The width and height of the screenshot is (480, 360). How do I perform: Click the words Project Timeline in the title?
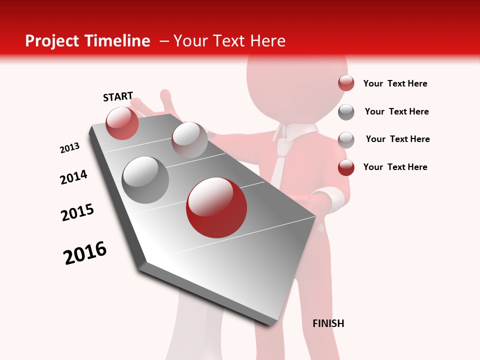(x=87, y=41)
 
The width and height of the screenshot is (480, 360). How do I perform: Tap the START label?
(x=118, y=96)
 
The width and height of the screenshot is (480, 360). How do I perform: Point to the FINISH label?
(x=328, y=323)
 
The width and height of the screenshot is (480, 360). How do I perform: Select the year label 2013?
(x=70, y=147)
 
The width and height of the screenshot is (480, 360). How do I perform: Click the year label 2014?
(x=74, y=177)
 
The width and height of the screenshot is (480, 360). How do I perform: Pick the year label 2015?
(x=77, y=212)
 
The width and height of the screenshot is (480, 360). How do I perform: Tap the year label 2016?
(x=85, y=253)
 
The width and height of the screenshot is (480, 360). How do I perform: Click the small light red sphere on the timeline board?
(x=122, y=123)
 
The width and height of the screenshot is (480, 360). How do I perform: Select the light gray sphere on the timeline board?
(x=189, y=139)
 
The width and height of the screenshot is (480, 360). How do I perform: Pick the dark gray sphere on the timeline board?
(x=145, y=179)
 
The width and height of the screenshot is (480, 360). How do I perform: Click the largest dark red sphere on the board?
(x=216, y=207)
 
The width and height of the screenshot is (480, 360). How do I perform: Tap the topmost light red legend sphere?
(x=346, y=83)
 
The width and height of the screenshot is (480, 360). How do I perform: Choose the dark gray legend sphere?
(x=346, y=112)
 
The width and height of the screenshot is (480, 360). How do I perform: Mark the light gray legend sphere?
(x=346, y=140)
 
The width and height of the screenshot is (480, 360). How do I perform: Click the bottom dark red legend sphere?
(x=346, y=167)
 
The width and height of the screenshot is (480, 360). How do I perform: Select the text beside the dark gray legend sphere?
(x=396, y=111)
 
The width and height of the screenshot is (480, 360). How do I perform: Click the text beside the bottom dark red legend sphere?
(x=395, y=167)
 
